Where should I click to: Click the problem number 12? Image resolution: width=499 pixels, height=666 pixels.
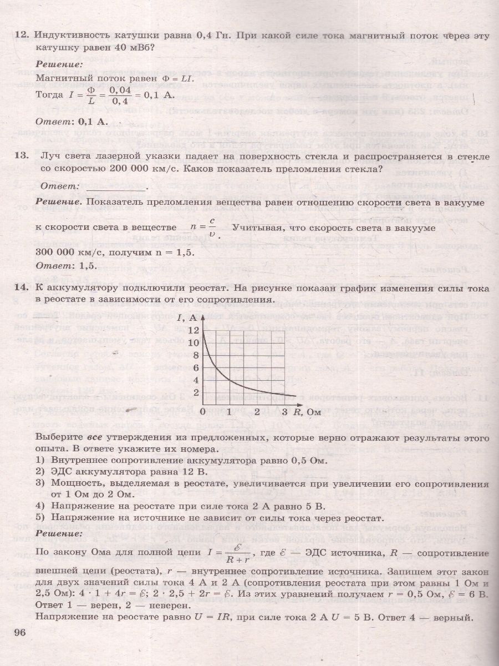[x=22, y=36]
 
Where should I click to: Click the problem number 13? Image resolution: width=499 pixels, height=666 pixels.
[x=22, y=157]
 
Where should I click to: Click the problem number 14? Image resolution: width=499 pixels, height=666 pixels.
[x=22, y=288]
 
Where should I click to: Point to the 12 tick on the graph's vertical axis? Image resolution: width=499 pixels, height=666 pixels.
[x=194, y=330]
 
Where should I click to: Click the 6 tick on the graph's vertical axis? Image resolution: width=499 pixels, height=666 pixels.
[x=195, y=367]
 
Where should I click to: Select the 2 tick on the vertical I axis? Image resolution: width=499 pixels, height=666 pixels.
[x=195, y=392]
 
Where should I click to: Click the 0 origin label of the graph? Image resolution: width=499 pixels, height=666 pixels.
[x=202, y=412]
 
